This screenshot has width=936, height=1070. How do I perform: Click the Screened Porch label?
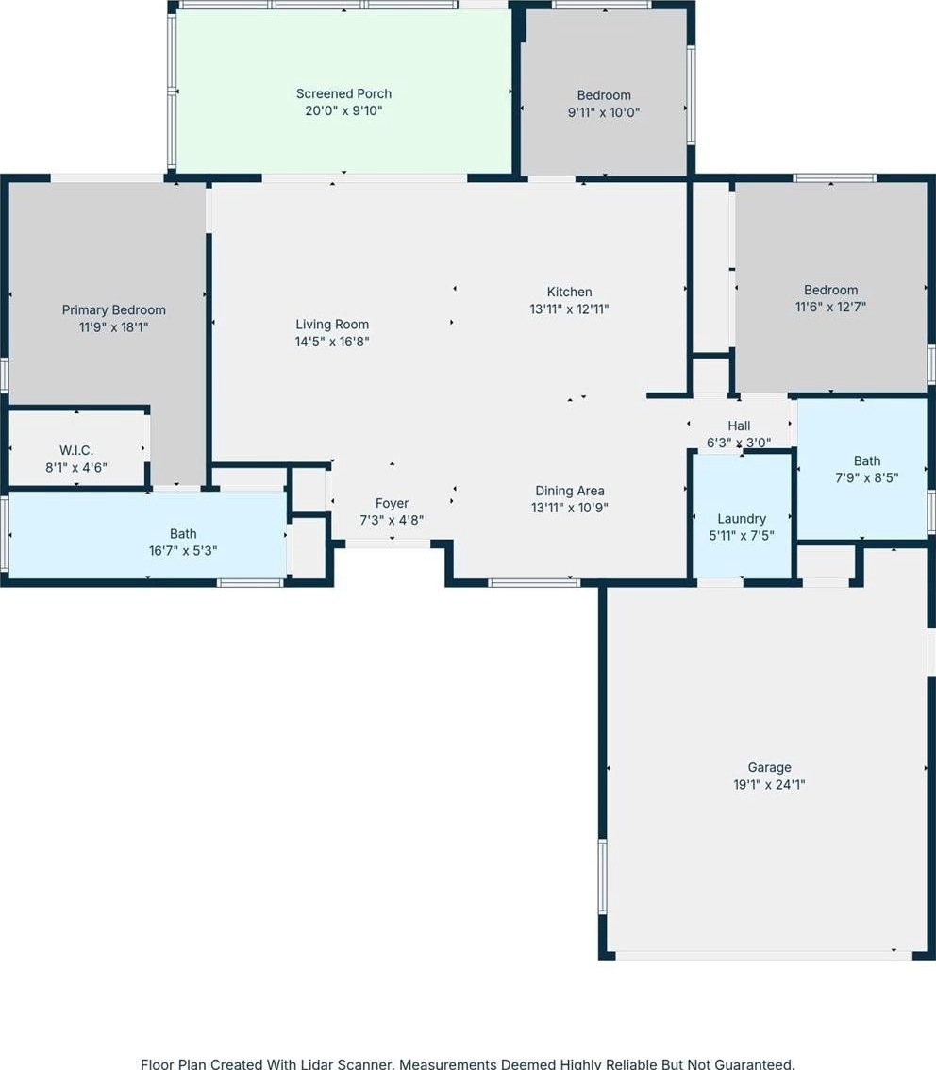tap(343, 93)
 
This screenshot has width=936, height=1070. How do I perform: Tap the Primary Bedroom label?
tap(114, 309)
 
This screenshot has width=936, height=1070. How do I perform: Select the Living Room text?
tap(332, 325)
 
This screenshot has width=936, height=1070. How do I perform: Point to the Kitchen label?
tap(570, 292)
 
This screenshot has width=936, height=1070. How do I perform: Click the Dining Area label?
tap(570, 491)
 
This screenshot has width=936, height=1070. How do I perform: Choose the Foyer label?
tap(392, 503)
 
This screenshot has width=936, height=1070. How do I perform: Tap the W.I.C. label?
tap(76, 450)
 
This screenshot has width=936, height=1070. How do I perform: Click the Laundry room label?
tap(742, 519)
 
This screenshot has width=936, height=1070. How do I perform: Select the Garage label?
tap(770, 768)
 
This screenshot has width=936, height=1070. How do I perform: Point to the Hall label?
tap(739, 426)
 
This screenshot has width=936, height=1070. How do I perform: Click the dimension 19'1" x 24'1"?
tap(770, 785)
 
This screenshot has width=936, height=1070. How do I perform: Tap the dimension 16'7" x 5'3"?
tap(183, 551)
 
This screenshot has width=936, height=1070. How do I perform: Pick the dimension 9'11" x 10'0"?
tap(604, 112)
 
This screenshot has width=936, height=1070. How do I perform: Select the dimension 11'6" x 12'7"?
tap(831, 307)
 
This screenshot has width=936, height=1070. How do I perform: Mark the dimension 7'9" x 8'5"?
tap(867, 477)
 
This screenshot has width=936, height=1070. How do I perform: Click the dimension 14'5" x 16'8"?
tap(332, 342)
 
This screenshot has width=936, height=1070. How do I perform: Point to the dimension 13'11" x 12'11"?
tap(570, 309)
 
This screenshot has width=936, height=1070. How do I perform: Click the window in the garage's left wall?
tap(602, 876)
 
